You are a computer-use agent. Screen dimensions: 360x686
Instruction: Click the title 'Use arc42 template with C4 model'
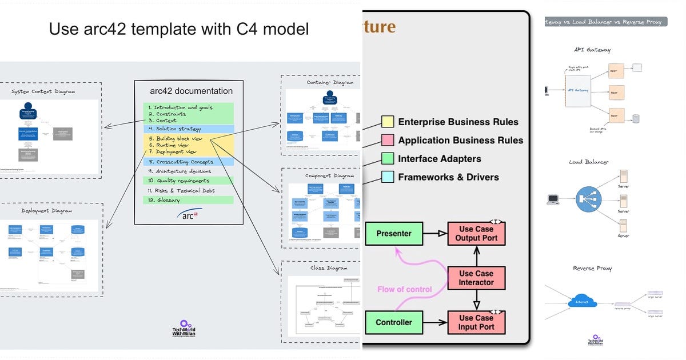[179, 29]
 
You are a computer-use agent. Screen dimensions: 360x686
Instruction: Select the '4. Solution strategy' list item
[178, 129]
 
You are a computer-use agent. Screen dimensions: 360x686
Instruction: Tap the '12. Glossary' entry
[164, 200]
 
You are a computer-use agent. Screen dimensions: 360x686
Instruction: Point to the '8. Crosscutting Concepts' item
[185, 162]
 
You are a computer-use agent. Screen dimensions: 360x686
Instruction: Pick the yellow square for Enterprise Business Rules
[388, 122]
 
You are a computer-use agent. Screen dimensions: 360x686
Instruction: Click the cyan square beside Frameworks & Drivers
[388, 177]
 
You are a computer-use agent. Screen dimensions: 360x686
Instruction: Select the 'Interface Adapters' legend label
[440, 159]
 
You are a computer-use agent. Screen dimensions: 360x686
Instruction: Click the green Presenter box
[394, 233]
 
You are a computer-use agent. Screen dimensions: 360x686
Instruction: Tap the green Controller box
[394, 322]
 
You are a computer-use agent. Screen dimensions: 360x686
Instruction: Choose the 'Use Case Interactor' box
[476, 278]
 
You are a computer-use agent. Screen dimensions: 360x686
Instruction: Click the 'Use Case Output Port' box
[476, 233]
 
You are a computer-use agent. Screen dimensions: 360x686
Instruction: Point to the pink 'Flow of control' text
[404, 289]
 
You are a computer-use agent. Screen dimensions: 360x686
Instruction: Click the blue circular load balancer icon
[588, 199]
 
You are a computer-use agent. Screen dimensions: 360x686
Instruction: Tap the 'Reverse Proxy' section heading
[592, 268]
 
